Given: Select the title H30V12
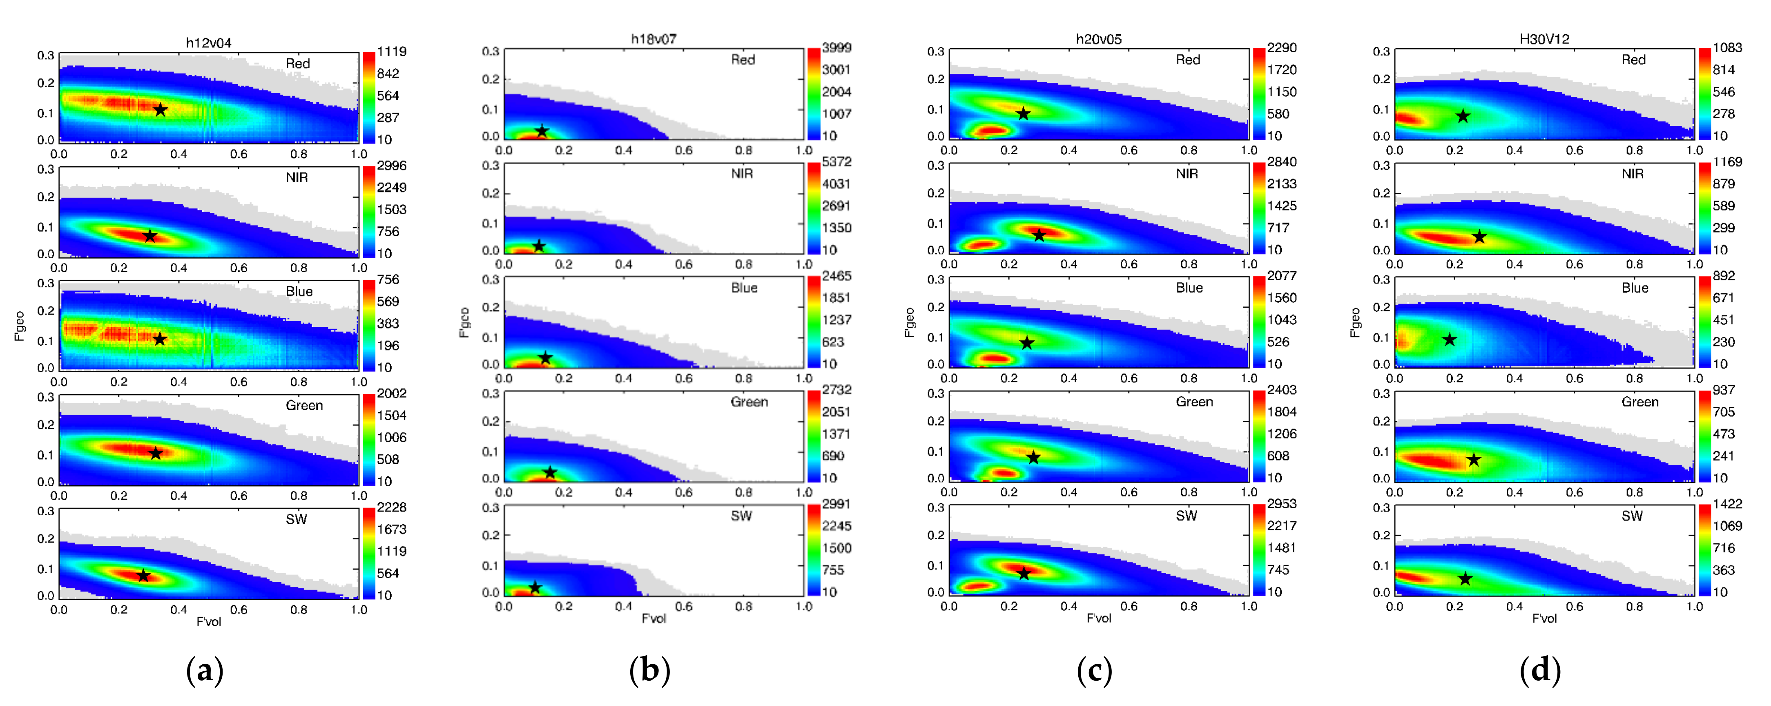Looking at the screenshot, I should click(x=1544, y=38).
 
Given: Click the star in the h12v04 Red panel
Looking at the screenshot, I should click(x=160, y=110).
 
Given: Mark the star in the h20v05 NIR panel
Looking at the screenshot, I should click(x=1039, y=235).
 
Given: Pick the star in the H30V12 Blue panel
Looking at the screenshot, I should click(x=1449, y=340).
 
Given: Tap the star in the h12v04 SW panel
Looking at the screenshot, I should click(x=143, y=575).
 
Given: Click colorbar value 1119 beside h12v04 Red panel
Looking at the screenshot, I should click(x=391, y=51).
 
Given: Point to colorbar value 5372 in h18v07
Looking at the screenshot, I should click(x=836, y=161).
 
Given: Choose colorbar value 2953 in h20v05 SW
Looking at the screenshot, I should click(x=1282, y=504).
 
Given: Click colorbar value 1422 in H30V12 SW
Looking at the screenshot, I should click(x=1727, y=504).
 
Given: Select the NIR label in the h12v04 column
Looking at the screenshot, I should click(x=297, y=177).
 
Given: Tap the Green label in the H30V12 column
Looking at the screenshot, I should click(x=1640, y=402).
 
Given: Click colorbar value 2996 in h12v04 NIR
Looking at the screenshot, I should click(x=391, y=165).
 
